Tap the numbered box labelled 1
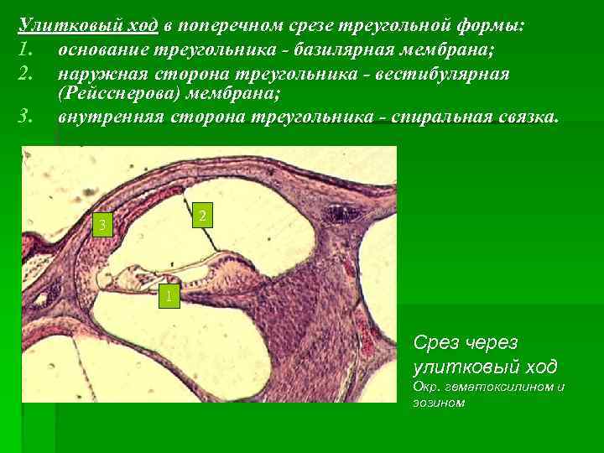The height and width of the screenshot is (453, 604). [x=169, y=295]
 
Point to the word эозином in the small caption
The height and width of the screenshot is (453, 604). [x=439, y=403]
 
